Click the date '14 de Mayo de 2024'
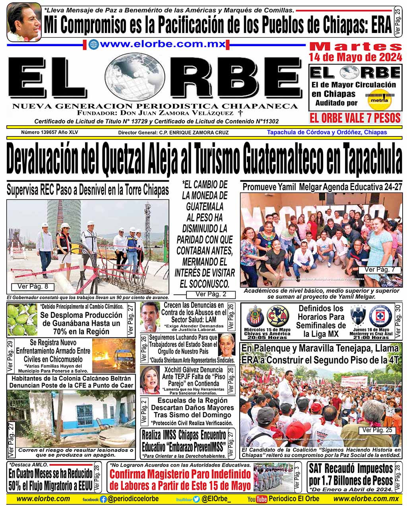tap(355, 57)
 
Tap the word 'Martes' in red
tap(355, 46)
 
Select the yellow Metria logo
tap(378, 100)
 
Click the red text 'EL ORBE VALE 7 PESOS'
tap(355, 118)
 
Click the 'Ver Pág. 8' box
tap(33, 286)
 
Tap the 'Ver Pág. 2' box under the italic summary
tap(211, 294)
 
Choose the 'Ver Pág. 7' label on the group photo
tap(380, 270)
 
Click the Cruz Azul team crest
tap(380, 316)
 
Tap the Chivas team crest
tap(255, 316)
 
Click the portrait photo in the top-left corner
tap(24, 21)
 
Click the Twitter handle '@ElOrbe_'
tap(216, 499)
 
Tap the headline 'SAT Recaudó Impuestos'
tap(351, 469)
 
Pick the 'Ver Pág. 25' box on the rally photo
tap(377, 430)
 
